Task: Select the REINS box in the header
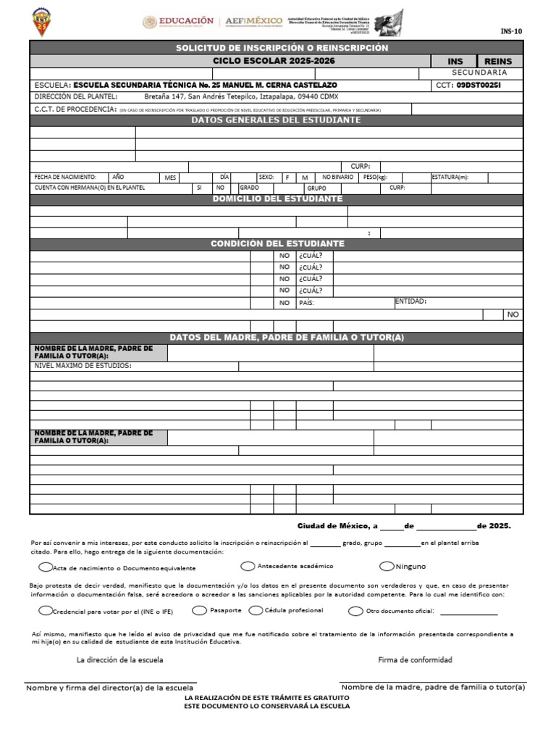497,62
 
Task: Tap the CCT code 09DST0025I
479,85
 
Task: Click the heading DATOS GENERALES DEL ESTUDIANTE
276,120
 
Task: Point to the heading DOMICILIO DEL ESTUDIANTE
277,199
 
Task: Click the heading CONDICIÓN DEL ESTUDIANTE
277,244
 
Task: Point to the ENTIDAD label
410,301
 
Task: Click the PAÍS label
306,303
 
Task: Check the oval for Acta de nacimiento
46,567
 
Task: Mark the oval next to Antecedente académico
248,566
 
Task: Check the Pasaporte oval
199,610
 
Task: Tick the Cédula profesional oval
256,610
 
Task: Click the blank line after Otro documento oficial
468,612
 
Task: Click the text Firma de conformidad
415,659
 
